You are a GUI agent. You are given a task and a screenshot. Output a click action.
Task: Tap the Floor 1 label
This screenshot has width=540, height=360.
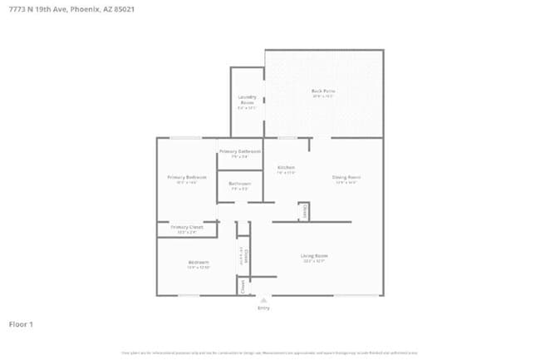[21, 323]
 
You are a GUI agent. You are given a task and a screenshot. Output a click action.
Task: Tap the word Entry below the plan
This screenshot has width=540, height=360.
[263, 308]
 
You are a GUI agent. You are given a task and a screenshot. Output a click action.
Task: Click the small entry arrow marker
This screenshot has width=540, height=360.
[263, 299]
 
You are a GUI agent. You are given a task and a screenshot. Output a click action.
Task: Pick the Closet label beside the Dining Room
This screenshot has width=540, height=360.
[304, 211]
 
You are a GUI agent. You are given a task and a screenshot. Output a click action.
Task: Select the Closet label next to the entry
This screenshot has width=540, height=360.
[243, 286]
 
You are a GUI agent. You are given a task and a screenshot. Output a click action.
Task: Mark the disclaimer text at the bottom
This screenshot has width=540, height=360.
[270, 352]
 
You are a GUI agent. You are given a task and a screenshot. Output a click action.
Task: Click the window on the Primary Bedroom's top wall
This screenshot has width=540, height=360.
[186, 137]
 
